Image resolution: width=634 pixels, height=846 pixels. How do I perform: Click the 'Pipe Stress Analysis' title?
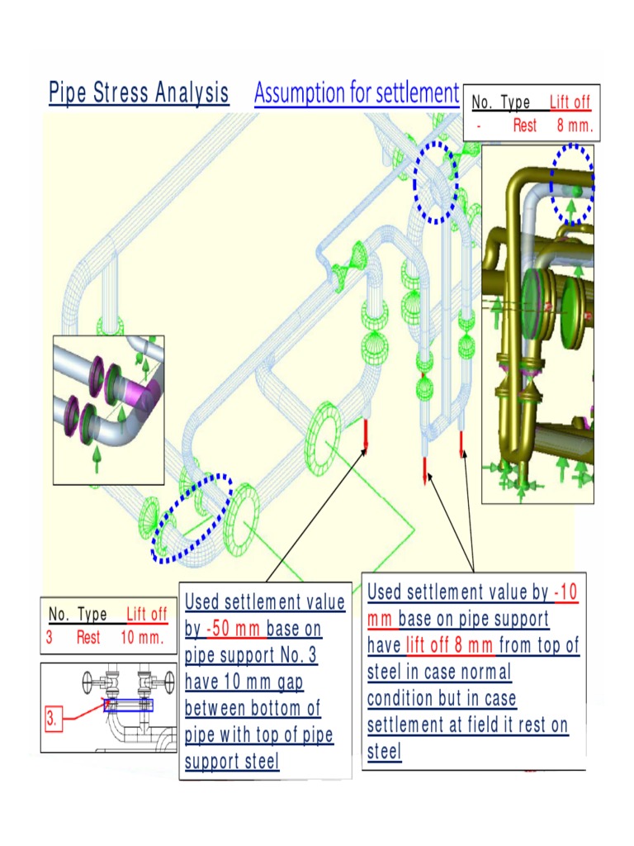pos(139,93)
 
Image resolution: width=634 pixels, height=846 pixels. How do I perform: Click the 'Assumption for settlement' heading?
pos(356,93)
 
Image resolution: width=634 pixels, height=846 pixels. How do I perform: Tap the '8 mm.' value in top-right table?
pos(575,126)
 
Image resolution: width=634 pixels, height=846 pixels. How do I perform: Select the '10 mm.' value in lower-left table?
pos(143,638)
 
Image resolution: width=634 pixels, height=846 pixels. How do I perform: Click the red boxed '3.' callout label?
pos(51,719)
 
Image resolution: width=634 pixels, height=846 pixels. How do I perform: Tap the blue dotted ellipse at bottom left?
pos(192,520)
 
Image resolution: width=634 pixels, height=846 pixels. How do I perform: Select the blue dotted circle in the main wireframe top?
pos(435,182)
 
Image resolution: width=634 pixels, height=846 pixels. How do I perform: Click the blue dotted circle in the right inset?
pos(572,185)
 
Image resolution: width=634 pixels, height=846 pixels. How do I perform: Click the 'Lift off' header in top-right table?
pos(570,102)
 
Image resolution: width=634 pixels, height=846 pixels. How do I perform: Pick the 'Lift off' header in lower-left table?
pos(147,614)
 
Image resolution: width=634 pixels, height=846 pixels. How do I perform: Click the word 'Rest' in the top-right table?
pos(524,126)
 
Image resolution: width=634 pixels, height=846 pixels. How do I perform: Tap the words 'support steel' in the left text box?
pos(232,761)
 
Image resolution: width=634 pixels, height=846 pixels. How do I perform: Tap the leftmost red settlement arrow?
pos(366,435)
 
